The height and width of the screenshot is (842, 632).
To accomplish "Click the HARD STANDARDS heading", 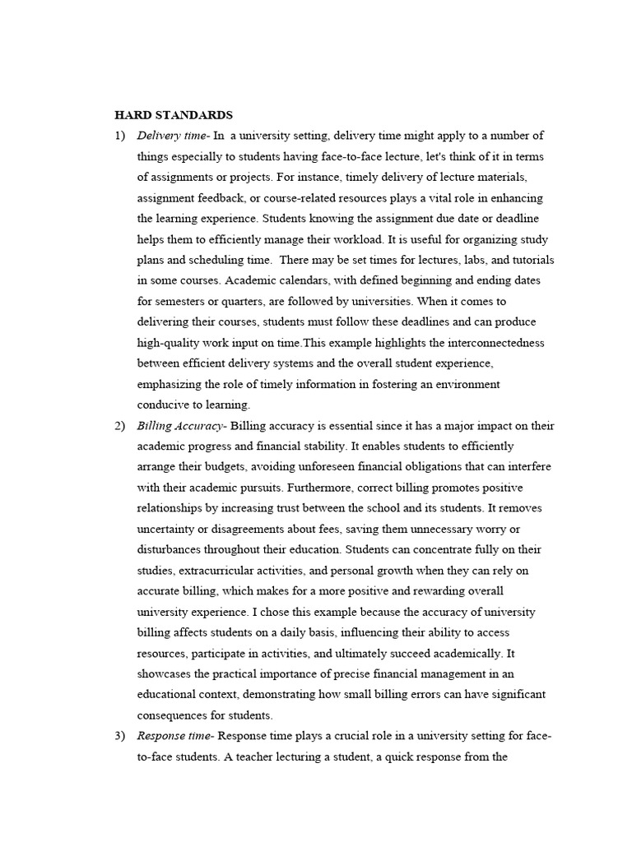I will (x=174, y=114).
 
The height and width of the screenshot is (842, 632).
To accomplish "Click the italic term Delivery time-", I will (x=174, y=136).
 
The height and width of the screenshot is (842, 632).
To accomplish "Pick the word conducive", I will (x=162, y=405).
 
